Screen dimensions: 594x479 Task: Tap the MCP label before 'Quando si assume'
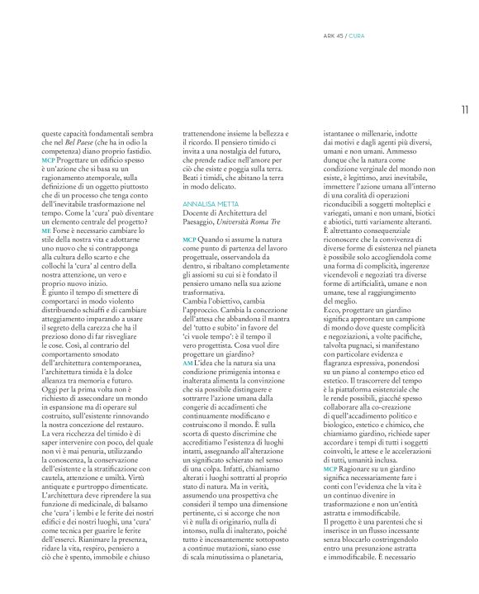click(x=189, y=238)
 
